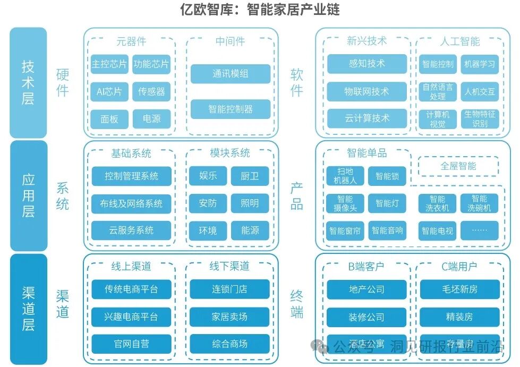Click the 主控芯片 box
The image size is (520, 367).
coord(109,64)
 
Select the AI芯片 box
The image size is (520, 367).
coord(109,91)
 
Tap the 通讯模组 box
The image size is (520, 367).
coord(231,74)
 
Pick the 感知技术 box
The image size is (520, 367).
coord(366,64)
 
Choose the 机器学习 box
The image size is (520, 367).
coord(480,64)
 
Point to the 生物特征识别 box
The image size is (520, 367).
coord(480,119)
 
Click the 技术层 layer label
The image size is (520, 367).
coord(28,82)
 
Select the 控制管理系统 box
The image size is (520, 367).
coord(131,176)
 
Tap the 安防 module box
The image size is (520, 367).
coord(208,203)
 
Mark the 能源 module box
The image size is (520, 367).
coord(250,231)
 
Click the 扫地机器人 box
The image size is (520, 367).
coord(345,176)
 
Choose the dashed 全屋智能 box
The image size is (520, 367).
coord(458,166)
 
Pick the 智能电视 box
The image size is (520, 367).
coord(438,231)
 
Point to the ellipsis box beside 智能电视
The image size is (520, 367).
coord(480,231)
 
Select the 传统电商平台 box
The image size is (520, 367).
coord(131,289)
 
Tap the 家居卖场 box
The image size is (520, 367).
coord(230,317)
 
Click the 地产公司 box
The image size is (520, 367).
coord(366,289)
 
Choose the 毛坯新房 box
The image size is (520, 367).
coord(459,289)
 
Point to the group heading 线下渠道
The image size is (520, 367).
coord(230,266)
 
